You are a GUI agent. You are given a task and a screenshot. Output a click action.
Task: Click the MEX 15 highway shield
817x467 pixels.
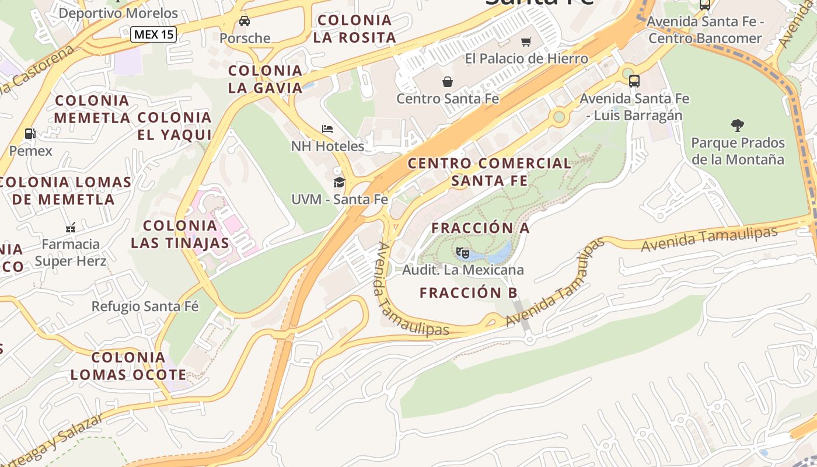(x=153, y=34)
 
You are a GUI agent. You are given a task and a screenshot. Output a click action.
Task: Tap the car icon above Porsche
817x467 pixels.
(x=245, y=21)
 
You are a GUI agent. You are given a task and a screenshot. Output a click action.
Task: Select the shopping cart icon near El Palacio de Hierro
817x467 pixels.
(x=526, y=41)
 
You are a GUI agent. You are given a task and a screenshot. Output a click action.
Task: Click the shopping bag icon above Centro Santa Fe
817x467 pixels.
(x=448, y=81)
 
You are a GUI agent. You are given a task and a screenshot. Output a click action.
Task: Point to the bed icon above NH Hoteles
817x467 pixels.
(x=327, y=128)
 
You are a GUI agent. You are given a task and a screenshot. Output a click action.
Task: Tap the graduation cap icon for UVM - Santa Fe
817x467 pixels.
(x=339, y=183)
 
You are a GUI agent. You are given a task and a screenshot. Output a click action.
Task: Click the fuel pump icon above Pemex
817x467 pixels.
(x=30, y=134)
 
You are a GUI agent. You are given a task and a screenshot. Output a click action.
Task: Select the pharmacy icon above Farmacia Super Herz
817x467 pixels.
(x=71, y=227)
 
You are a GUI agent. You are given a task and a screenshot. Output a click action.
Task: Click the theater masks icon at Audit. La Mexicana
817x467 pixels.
(x=463, y=253)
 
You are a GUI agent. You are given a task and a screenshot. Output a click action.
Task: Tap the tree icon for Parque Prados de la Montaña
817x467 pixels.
(x=737, y=125)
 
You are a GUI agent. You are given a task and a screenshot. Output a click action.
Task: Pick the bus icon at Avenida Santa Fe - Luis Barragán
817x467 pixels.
(x=634, y=81)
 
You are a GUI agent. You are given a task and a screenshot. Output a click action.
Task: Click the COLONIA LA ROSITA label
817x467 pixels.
(x=354, y=29)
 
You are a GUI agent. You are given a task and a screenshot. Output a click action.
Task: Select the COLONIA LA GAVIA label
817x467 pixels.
(x=266, y=79)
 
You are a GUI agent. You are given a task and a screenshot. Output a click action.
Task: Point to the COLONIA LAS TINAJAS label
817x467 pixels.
(x=180, y=234)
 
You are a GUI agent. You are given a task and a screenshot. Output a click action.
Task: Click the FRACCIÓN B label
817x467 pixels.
(x=469, y=293)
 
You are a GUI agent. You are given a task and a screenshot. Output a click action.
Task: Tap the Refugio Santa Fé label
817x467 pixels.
(x=145, y=306)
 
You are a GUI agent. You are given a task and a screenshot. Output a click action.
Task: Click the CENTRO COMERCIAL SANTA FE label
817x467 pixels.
(x=489, y=172)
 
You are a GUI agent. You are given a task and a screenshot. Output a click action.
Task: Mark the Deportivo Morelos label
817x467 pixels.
(x=118, y=13)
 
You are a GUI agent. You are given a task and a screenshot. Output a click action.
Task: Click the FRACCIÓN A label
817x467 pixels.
(x=480, y=228)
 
